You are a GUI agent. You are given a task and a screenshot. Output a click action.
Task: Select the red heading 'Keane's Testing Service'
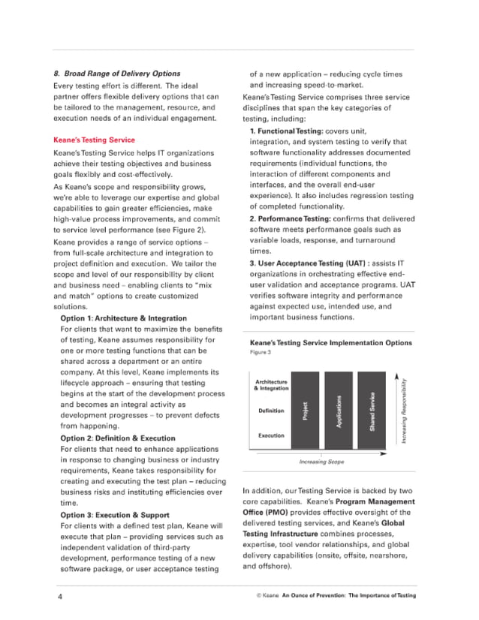click(94, 140)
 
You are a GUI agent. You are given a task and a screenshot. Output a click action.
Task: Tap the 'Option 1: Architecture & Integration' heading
click(123, 318)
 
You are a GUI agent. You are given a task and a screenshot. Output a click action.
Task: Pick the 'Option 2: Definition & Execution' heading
click(117, 438)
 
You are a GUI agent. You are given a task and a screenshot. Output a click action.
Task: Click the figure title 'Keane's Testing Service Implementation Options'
click(330, 343)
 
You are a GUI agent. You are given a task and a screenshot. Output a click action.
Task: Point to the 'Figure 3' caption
click(261, 352)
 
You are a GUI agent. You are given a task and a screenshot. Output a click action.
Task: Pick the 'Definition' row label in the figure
click(270, 411)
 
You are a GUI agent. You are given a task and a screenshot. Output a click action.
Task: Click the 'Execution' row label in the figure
click(270, 435)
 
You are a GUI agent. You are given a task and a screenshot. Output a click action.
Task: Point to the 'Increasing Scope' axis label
click(321, 462)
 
